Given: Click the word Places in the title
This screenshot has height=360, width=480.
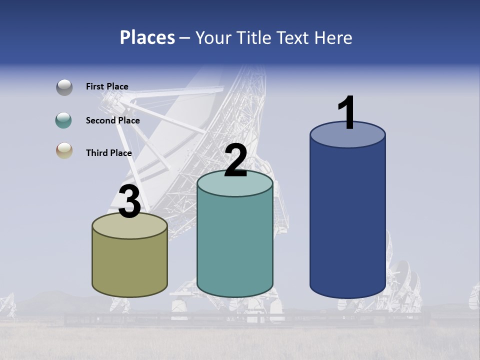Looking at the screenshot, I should tap(147, 37).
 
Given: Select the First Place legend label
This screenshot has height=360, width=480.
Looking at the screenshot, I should tap(107, 86).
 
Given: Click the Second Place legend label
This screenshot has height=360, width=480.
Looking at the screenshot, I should tap(112, 120).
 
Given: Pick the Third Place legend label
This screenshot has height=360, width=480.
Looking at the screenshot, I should tap(108, 153).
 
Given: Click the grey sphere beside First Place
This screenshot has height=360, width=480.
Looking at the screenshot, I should tap(64, 87).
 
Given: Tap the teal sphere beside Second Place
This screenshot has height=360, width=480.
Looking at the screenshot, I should tap(64, 120).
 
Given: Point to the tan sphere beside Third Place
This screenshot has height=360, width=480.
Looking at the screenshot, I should tap(64, 150).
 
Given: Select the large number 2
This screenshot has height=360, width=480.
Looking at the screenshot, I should tap(236, 160).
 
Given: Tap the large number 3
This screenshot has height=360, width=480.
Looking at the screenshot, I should tap(129, 202).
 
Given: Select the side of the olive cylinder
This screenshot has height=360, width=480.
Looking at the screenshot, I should tap(129, 265).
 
